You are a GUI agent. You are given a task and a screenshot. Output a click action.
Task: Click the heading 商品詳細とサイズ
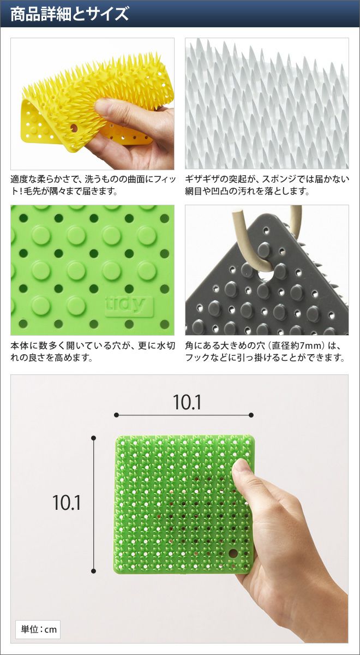tap(69, 14)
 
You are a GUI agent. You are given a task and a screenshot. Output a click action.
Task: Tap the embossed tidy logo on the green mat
tap(129, 306)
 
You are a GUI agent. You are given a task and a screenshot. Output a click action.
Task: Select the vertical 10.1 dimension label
tap(67, 502)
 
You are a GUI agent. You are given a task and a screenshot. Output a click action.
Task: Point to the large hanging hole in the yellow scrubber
tap(73, 128)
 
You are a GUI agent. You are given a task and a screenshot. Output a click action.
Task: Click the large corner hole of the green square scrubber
tap(233, 553)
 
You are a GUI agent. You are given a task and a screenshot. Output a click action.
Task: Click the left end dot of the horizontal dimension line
tap(116, 415)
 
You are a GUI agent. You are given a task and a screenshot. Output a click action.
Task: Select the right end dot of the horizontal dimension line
tap(251, 415)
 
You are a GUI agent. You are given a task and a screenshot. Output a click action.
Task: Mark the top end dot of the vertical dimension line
tap(93, 438)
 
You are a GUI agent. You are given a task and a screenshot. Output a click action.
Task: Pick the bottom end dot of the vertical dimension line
tap(93, 571)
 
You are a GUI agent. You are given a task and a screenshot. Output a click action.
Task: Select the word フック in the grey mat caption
tap(198, 358)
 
